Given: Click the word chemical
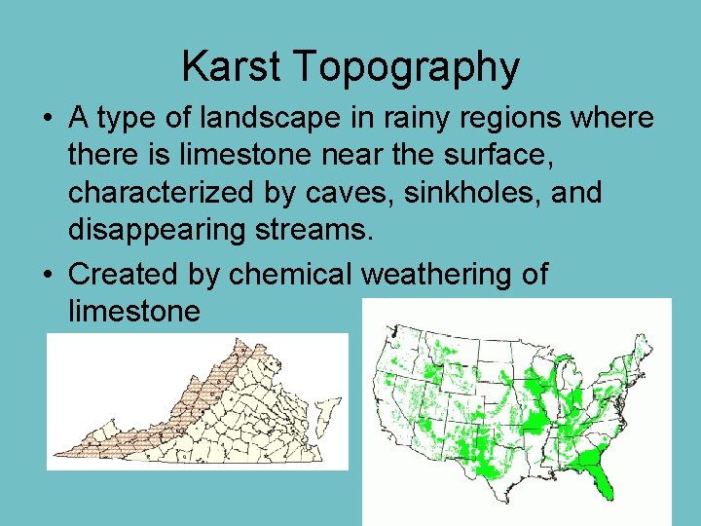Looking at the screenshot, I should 293,275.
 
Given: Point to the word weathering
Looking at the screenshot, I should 439,276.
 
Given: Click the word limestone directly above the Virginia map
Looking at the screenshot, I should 134,312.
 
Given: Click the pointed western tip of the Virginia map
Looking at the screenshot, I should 55,453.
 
